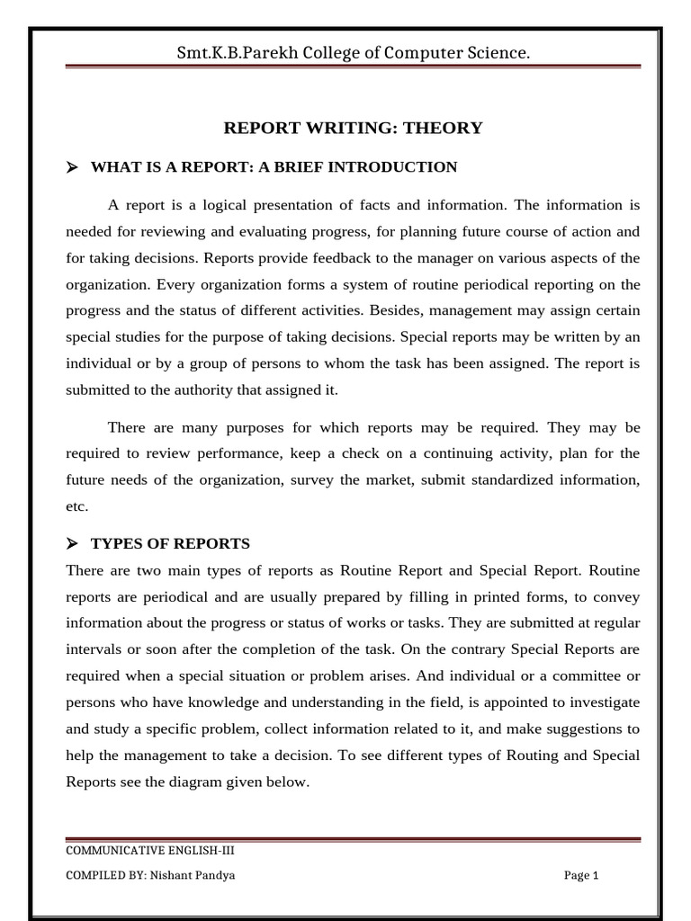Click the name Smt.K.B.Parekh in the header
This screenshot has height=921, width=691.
pyautogui.click(x=226, y=54)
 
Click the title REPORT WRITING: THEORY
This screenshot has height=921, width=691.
pyautogui.click(x=353, y=128)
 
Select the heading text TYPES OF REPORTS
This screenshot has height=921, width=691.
pyautogui.click(x=170, y=544)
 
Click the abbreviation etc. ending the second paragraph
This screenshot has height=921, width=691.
pyautogui.click(x=77, y=506)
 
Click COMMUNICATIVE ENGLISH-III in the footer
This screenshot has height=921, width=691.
pyautogui.click(x=151, y=851)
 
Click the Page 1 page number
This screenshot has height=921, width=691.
pyautogui.click(x=581, y=875)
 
